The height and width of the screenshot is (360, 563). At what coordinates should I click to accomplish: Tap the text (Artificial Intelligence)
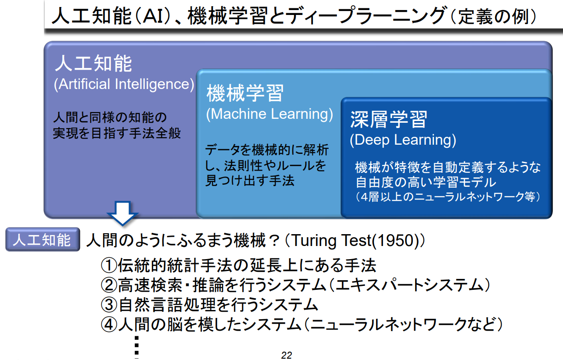(x=124, y=84)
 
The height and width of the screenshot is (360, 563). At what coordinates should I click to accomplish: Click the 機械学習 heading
(x=245, y=93)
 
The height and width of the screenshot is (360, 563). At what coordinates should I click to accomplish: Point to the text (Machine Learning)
(x=269, y=114)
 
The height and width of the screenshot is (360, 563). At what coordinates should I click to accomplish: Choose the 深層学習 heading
(x=388, y=119)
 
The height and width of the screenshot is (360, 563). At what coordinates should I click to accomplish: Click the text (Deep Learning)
(x=403, y=140)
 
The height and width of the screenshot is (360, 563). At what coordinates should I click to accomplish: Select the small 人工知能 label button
(x=43, y=240)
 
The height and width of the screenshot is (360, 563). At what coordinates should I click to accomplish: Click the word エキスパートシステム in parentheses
(x=408, y=286)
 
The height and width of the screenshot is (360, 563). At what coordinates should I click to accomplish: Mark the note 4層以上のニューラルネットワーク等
(x=448, y=197)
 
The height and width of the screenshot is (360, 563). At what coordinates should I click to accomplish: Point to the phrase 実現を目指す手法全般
(x=117, y=132)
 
